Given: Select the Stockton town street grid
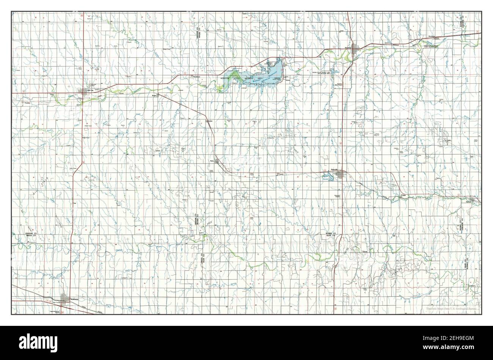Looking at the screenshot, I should [355, 49].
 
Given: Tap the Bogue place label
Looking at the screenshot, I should [154, 96].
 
